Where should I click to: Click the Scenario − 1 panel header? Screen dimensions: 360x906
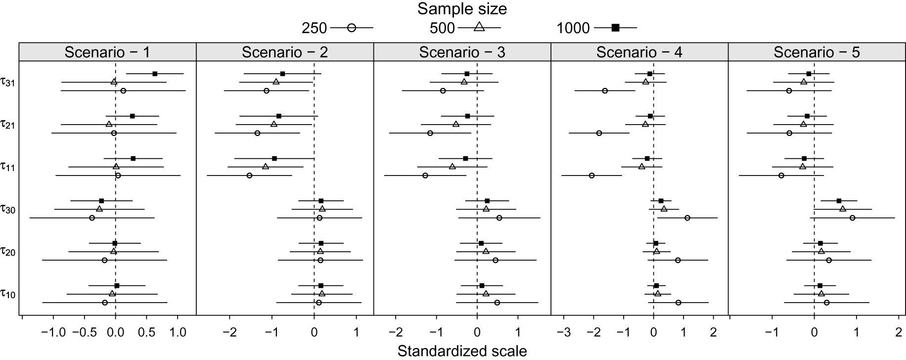(107, 52)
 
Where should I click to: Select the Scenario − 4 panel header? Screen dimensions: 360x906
(639, 52)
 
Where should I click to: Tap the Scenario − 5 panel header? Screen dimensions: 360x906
(816, 52)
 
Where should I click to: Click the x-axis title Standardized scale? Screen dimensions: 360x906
(462, 351)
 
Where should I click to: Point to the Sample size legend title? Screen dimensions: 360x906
(462, 9)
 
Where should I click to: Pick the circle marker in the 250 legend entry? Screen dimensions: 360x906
(352, 28)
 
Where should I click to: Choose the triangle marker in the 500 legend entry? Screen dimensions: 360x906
(479, 27)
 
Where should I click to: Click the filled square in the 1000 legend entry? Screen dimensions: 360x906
(615, 28)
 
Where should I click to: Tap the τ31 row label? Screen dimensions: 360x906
(8, 83)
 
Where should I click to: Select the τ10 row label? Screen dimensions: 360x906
(8, 295)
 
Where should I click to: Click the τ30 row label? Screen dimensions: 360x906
(8, 210)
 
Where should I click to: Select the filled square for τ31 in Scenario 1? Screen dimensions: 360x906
(155, 74)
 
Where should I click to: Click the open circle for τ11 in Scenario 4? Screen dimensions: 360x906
(591, 176)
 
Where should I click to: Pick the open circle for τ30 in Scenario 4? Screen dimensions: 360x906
(687, 218)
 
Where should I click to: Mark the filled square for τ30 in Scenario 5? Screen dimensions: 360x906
(839, 201)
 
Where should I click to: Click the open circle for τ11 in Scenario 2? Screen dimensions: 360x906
(249, 176)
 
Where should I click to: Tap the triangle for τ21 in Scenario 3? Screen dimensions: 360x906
(456, 124)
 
